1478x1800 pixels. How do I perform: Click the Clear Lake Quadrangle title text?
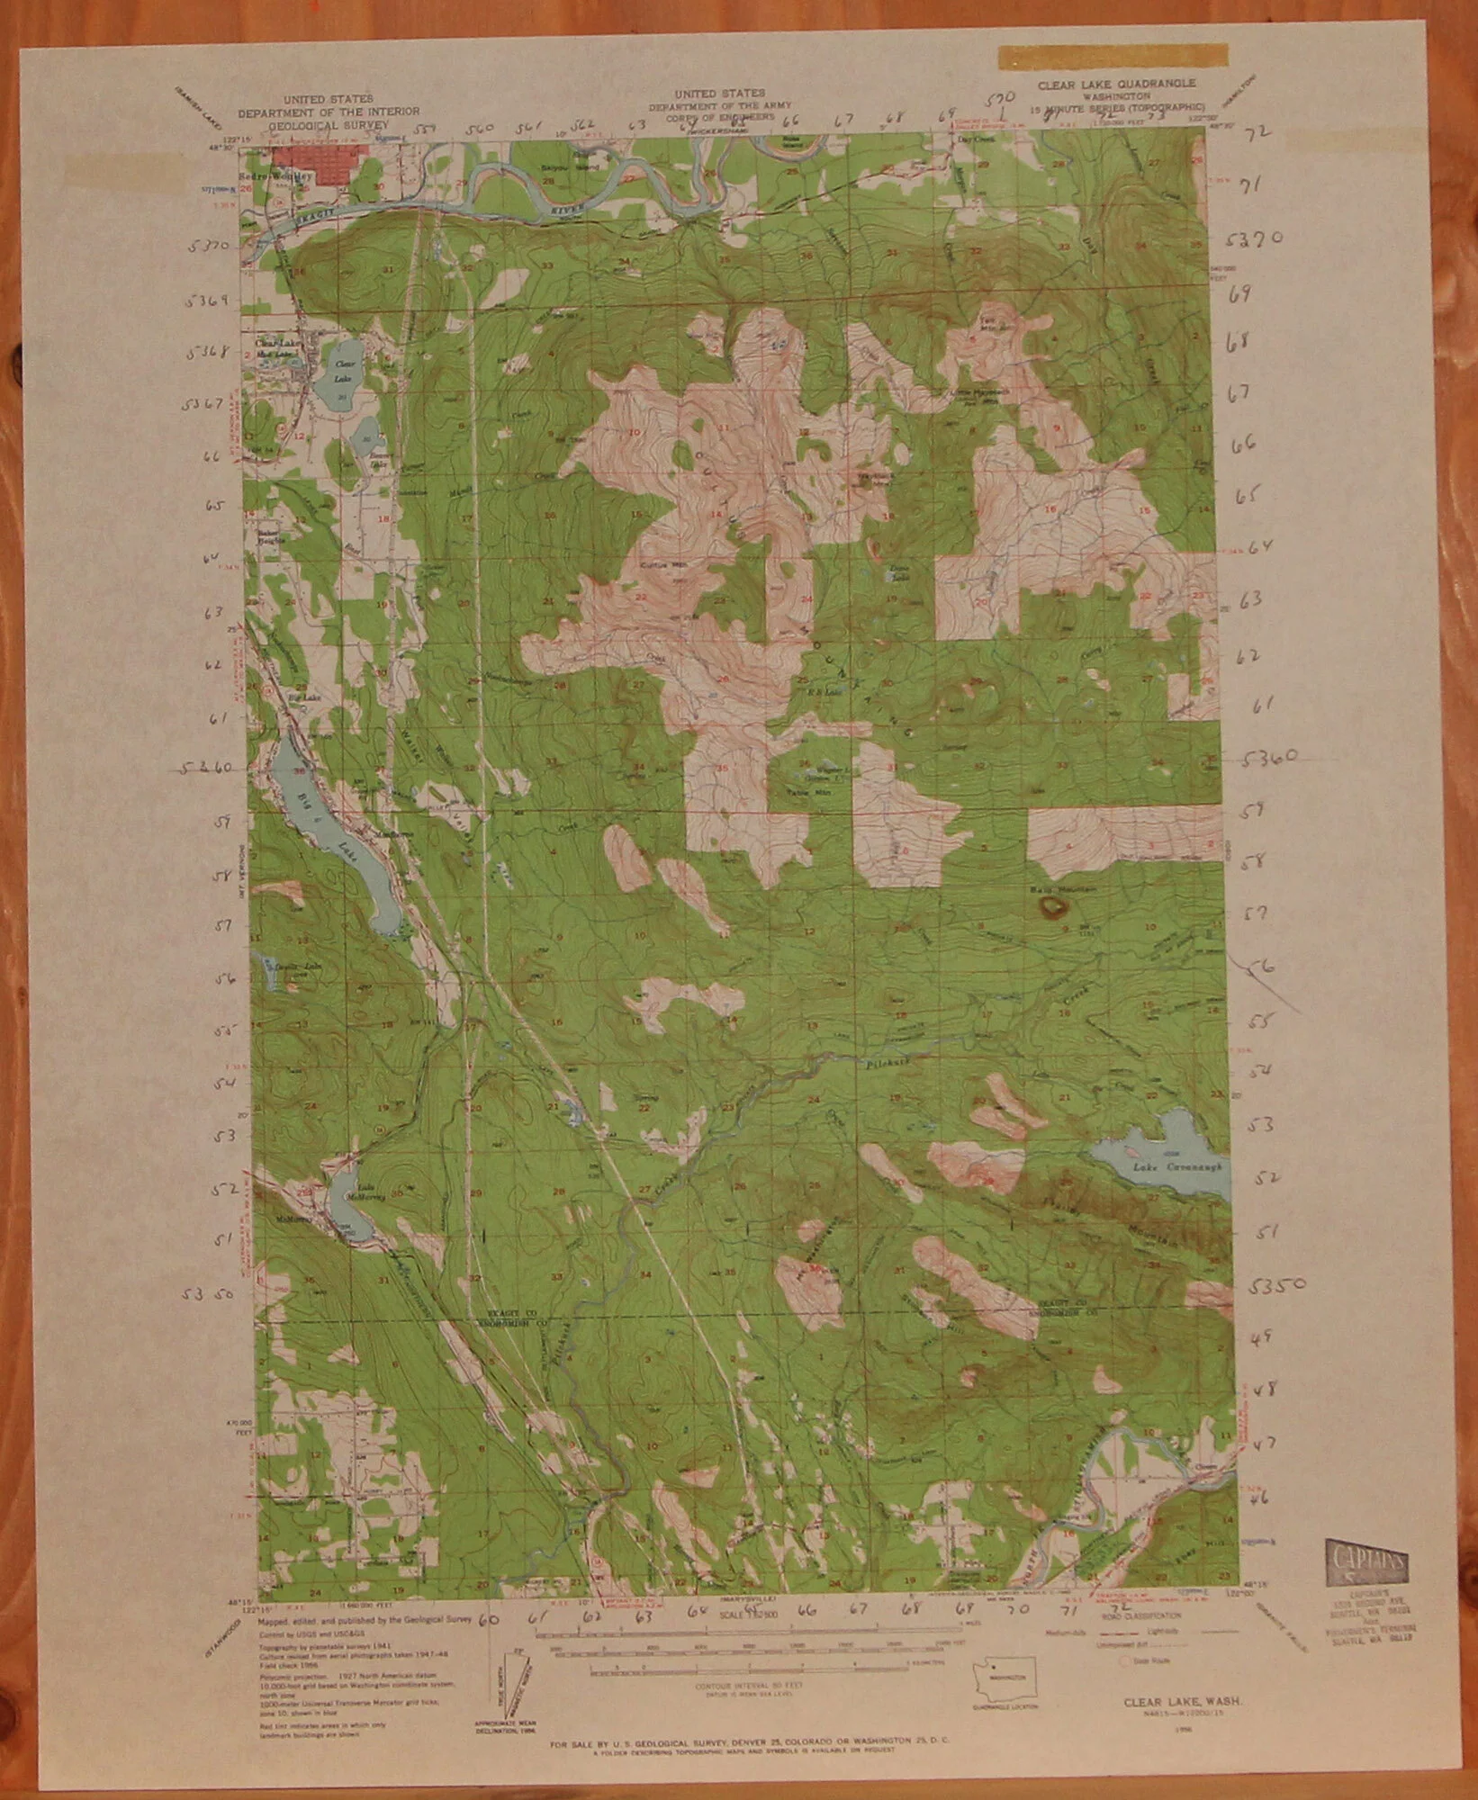[x=1116, y=82]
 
